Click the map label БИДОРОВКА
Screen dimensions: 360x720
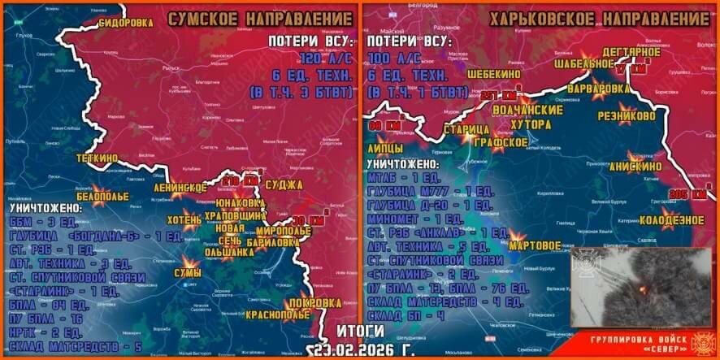point(125,23)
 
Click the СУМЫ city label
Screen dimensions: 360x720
point(187,274)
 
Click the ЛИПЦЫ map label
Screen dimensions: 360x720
point(387,149)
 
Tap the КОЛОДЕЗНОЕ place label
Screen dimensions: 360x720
point(671,219)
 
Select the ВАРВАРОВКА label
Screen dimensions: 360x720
point(597,87)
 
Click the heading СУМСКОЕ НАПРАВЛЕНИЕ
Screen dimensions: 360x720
point(257,18)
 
